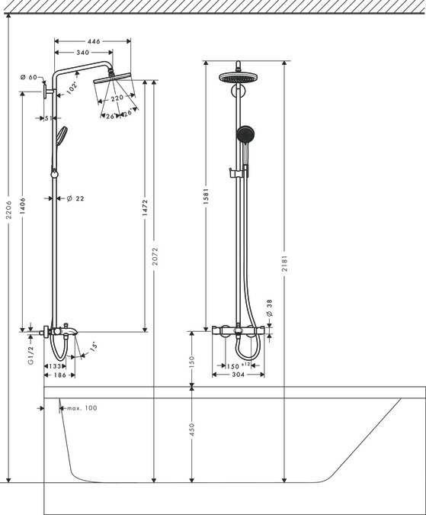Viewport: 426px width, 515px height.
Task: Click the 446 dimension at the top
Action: [93, 42]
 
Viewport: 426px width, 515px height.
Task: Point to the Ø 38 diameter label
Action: [269, 307]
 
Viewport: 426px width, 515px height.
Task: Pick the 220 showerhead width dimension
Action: [117, 98]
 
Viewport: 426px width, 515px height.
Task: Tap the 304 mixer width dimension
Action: [238, 375]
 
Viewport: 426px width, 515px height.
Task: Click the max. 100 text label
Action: [81, 408]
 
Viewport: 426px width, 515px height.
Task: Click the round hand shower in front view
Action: [245, 136]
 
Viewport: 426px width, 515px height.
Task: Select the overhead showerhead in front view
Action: [239, 77]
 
